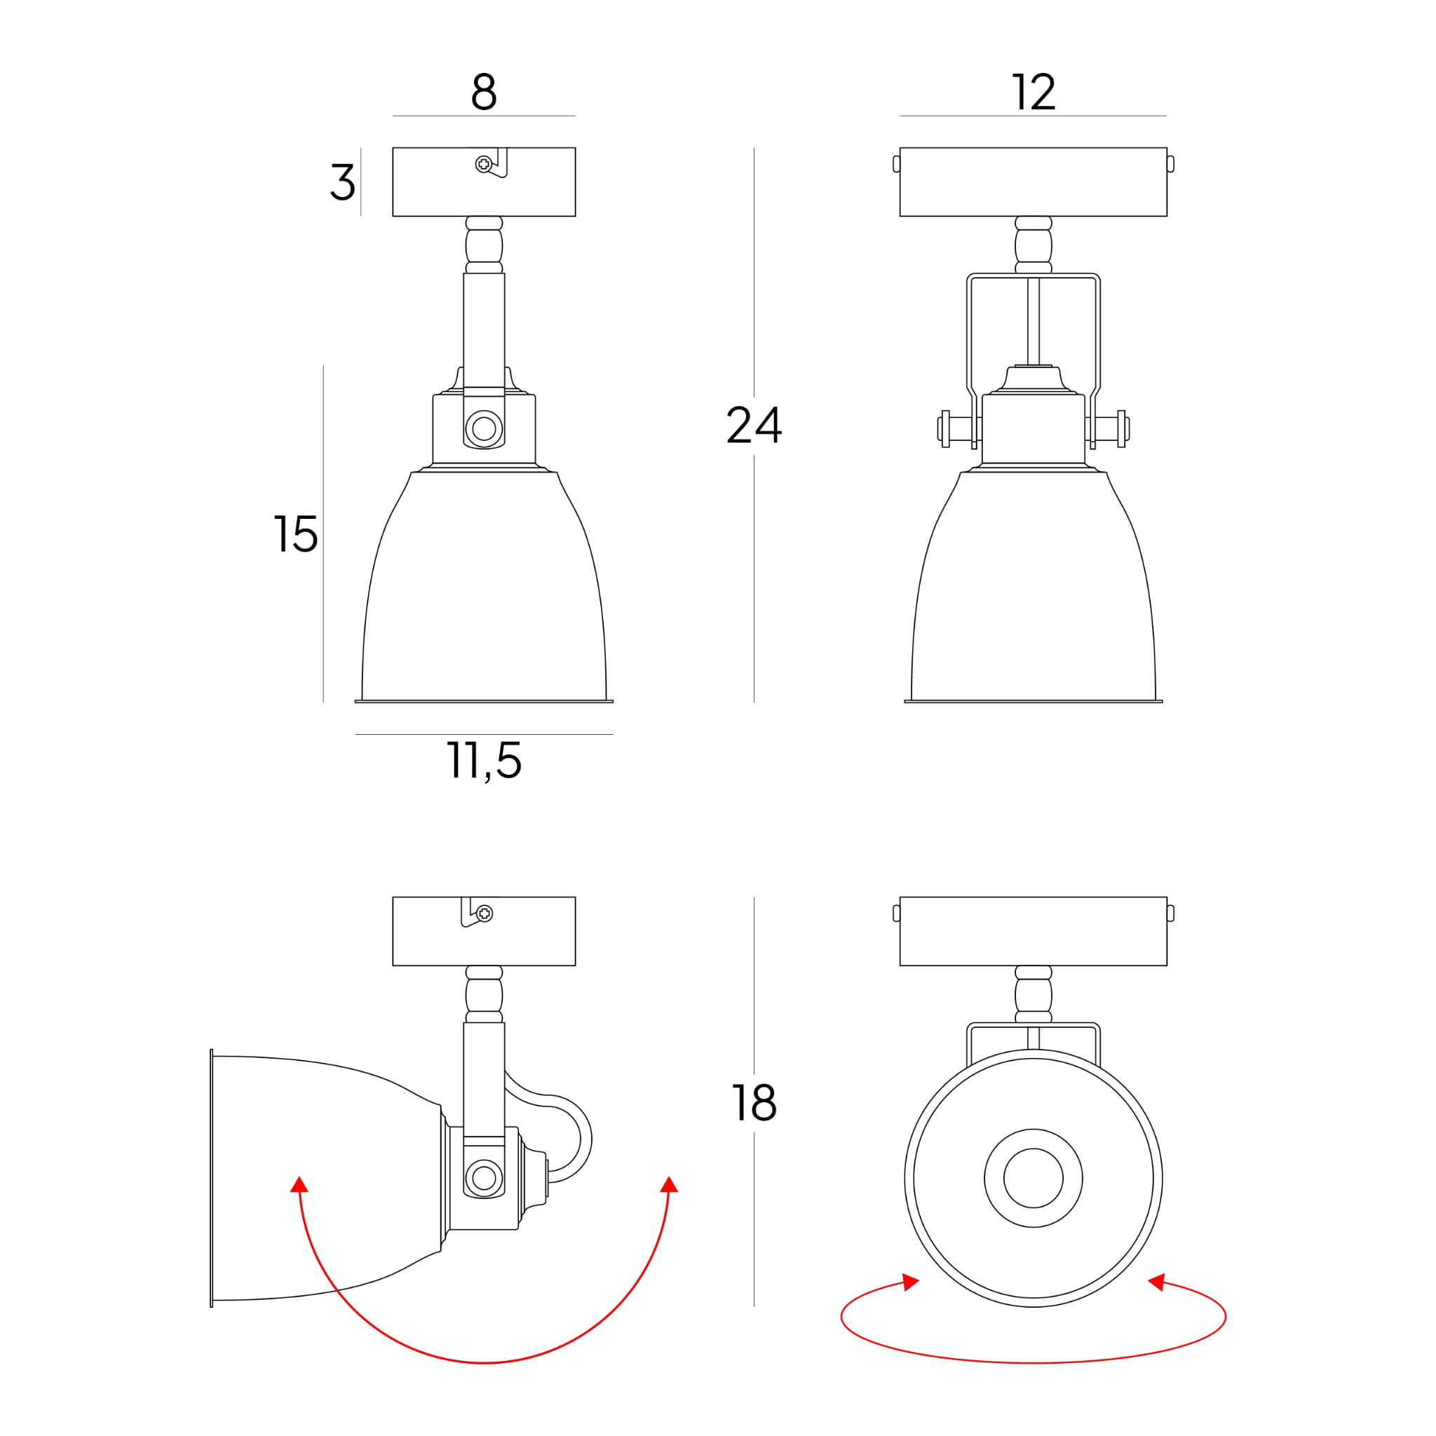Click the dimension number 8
484,92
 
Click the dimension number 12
1033,92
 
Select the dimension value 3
343,182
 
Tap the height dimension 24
754,425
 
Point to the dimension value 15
296,534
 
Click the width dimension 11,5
484,761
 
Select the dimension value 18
754,1103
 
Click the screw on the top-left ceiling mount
484,163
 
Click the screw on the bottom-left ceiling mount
485,914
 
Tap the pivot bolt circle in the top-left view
484,428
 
